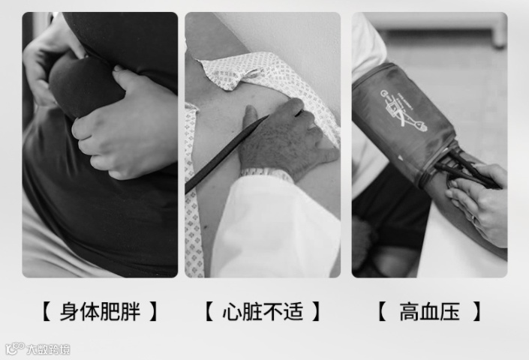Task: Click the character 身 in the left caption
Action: point(70,311)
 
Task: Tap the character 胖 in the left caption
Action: point(131,311)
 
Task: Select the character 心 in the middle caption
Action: point(232,311)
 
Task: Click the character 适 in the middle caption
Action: point(293,311)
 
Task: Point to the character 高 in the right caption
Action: point(409,311)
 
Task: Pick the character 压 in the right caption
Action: point(449,311)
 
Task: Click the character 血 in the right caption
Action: point(429,311)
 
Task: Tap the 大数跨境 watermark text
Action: point(48,349)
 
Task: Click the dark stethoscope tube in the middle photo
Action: point(225,154)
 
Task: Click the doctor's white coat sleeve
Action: point(275,226)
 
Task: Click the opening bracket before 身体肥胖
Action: point(47,311)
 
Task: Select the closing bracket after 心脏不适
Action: point(316,311)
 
